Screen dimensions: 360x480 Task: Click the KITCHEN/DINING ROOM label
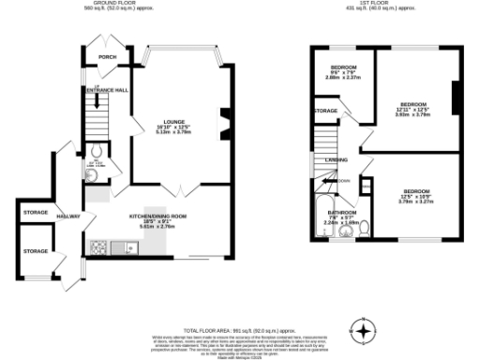click(x=158, y=217)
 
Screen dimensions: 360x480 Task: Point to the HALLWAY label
click(x=68, y=217)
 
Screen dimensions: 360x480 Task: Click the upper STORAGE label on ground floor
click(x=36, y=213)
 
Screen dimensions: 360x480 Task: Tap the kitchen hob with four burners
click(x=98, y=247)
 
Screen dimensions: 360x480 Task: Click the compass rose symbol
click(x=363, y=330)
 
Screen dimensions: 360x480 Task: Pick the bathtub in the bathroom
click(x=324, y=217)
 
